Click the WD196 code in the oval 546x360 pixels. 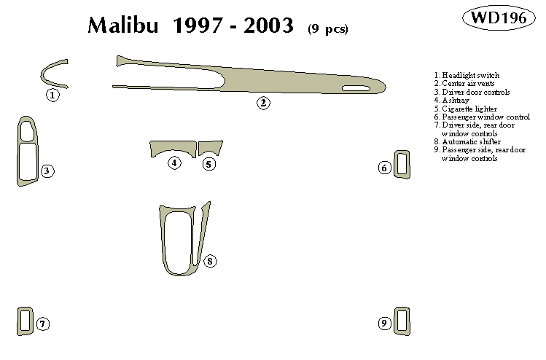tap(499, 17)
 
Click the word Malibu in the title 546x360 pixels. tap(123, 25)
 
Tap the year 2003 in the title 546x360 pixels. tap(268, 26)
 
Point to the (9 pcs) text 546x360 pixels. tap(327, 29)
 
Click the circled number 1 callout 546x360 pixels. tap(52, 95)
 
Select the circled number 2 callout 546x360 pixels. tap(263, 103)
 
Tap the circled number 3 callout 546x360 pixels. tap(47, 171)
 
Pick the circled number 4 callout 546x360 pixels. tap(174, 163)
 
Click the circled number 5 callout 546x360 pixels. tap(209, 164)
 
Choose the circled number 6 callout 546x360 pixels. tap(384, 168)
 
